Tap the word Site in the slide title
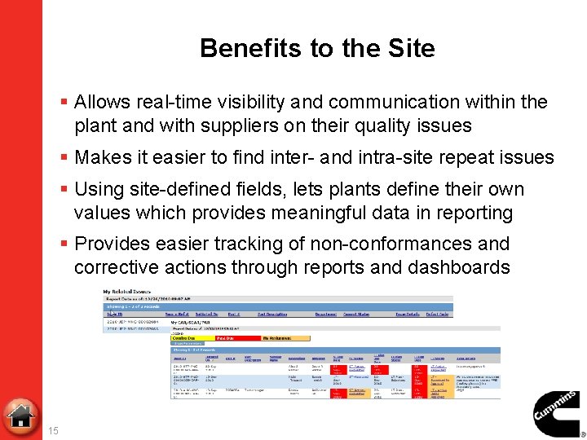(412, 49)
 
